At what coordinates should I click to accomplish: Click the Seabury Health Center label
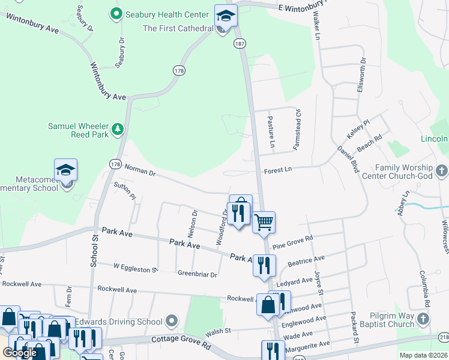(x=163, y=13)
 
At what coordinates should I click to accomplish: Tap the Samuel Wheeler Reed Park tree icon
(x=118, y=128)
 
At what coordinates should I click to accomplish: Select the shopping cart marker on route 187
(x=264, y=223)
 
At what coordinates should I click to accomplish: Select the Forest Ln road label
(x=278, y=170)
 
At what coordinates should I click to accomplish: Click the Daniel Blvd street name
(x=348, y=159)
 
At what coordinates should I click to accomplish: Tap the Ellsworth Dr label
(x=361, y=73)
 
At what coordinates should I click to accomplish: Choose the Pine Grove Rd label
(x=293, y=242)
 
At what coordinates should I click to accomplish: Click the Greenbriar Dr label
(x=197, y=274)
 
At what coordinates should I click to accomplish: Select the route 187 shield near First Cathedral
(x=240, y=44)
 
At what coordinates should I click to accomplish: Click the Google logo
(x=20, y=353)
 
